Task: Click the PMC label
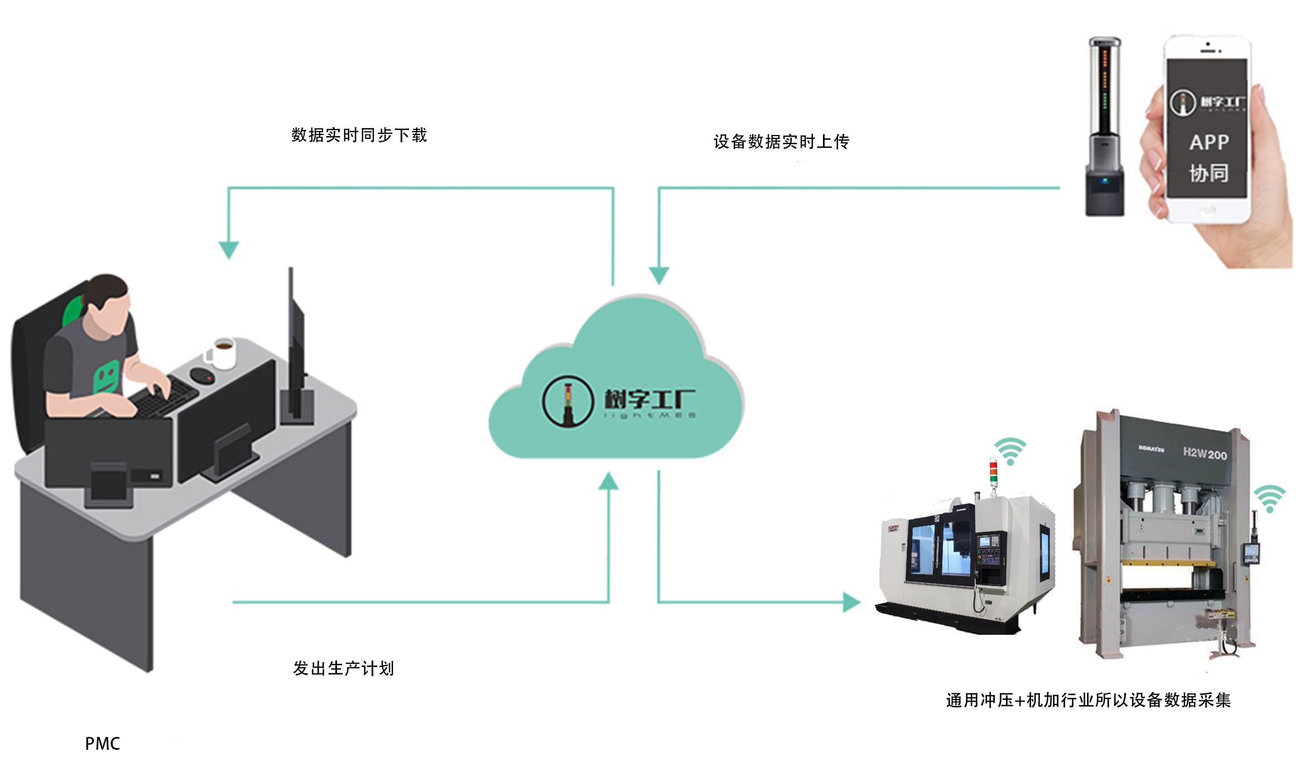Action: tap(102, 744)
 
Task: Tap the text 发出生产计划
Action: tap(343, 668)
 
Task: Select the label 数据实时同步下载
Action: tap(359, 135)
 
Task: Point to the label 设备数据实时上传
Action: tap(781, 142)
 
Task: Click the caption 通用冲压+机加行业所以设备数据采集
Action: tap(1088, 700)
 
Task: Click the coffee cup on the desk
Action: tap(224, 353)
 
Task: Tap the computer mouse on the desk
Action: tap(201, 375)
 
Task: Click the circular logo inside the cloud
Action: tap(567, 401)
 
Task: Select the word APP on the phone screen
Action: tap(1208, 142)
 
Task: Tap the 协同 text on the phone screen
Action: tap(1208, 173)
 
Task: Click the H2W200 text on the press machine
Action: tap(1205, 454)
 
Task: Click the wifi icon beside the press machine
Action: tap(1269, 499)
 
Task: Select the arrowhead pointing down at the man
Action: tap(229, 249)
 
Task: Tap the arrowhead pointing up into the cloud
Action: tap(608, 481)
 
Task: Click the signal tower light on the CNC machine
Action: tap(993, 473)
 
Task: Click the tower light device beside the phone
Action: tap(1105, 126)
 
